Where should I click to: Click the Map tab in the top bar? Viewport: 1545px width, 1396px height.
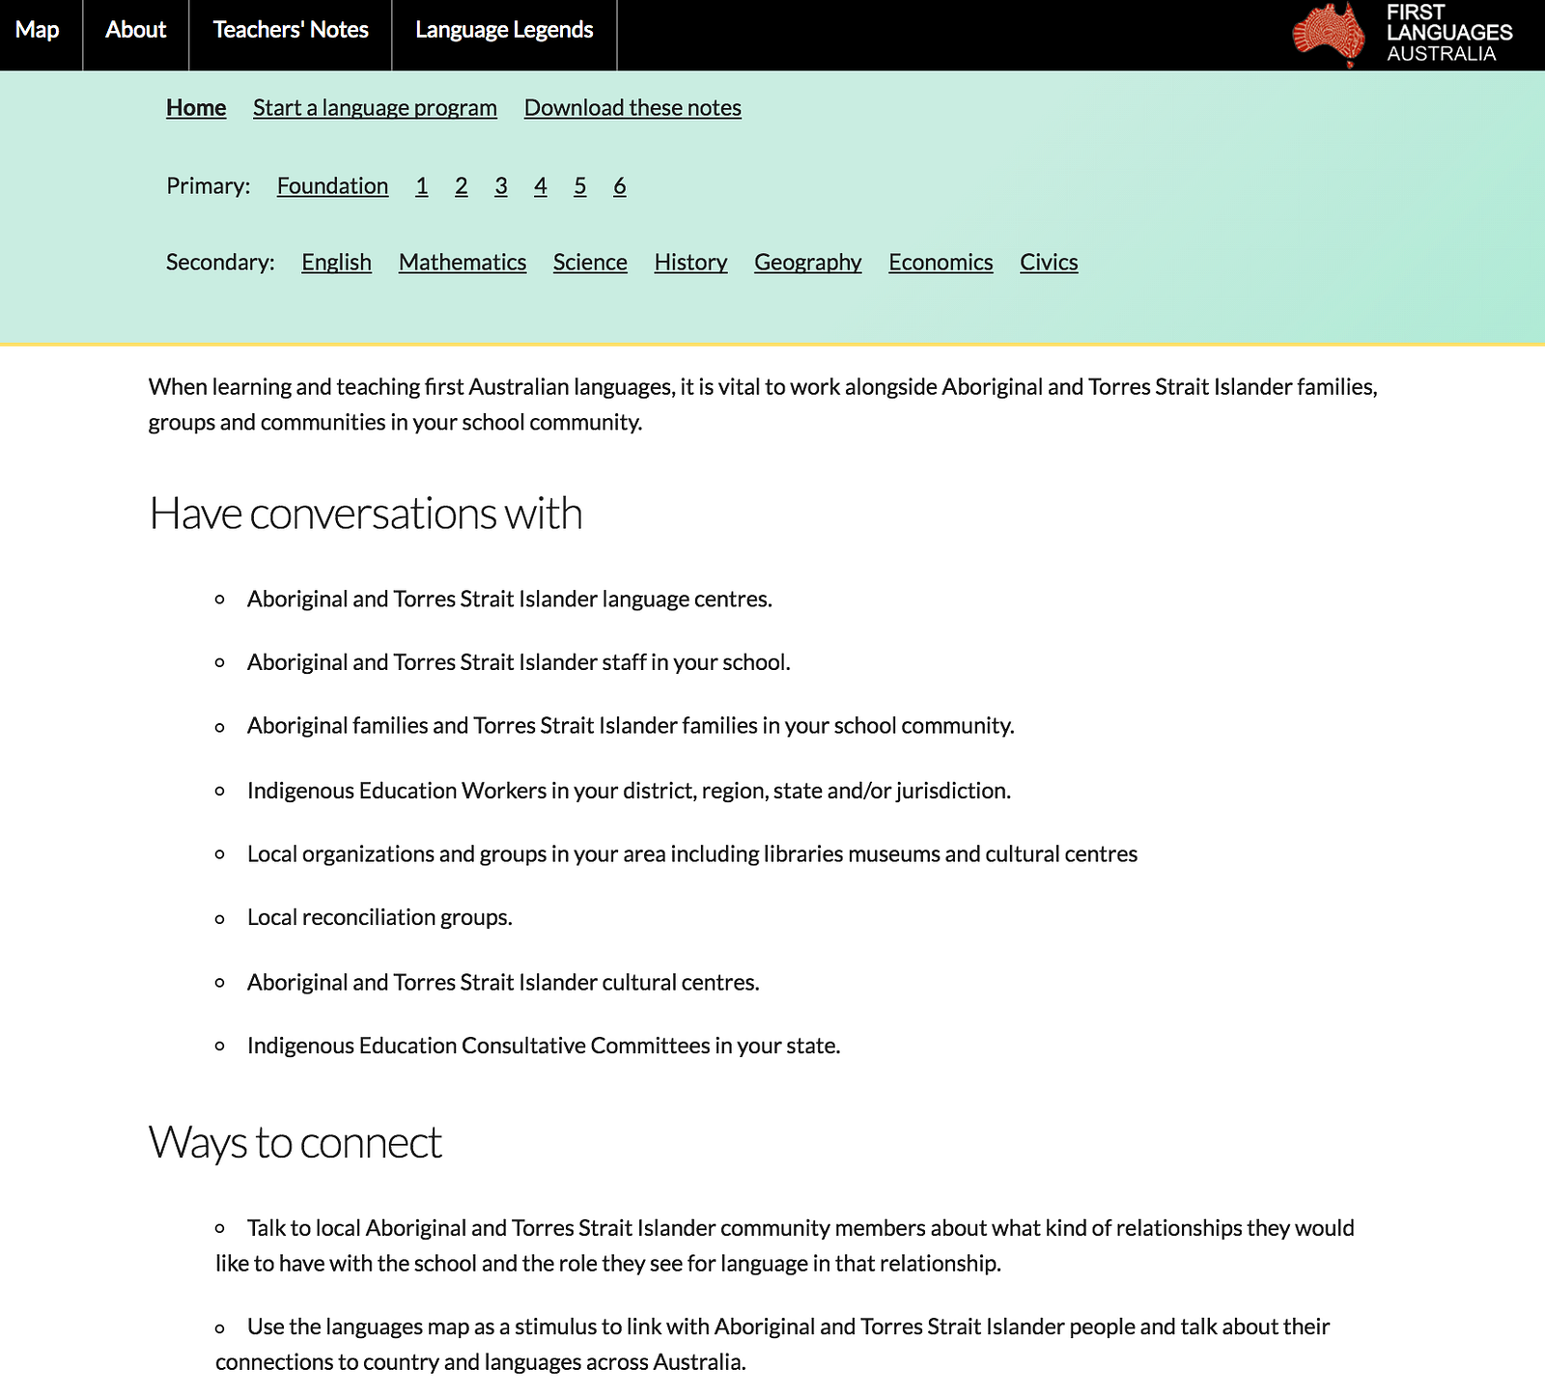[x=38, y=31]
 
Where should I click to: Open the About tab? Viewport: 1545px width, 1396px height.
[x=136, y=31]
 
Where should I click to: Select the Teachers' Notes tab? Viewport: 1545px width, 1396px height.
[x=291, y=31]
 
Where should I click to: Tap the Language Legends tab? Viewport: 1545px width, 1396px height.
[x=504, y=31]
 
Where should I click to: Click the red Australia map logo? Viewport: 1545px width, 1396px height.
[x=1330, y=35]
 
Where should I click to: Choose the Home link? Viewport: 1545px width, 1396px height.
[x=196, y=108]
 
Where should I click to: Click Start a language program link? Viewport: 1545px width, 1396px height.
[x=375, y=108]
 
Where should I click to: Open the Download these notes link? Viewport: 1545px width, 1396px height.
[x=632, y=108]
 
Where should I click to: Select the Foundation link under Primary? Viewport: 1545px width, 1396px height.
[x=332, y=186]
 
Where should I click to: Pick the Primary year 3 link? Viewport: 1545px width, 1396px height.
[x=501, y=186]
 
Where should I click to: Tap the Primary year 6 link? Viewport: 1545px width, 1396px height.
[x=620, y=186]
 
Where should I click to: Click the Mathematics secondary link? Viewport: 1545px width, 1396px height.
[x=463, y=263]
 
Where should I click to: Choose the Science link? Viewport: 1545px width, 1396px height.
[x=590, y=263]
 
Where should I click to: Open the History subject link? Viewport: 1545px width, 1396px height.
[x=690, y=263]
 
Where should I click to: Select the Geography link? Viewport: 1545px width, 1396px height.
[x=808, y=263]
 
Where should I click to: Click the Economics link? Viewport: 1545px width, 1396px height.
[x=941, y=263]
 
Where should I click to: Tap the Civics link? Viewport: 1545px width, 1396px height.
[x=1049, y=263]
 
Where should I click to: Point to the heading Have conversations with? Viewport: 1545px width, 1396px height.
[x=366, y=514]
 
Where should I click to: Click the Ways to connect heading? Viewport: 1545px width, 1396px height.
[x=295, y=1143]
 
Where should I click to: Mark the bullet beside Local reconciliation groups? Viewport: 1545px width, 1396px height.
[x=220, y=919]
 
